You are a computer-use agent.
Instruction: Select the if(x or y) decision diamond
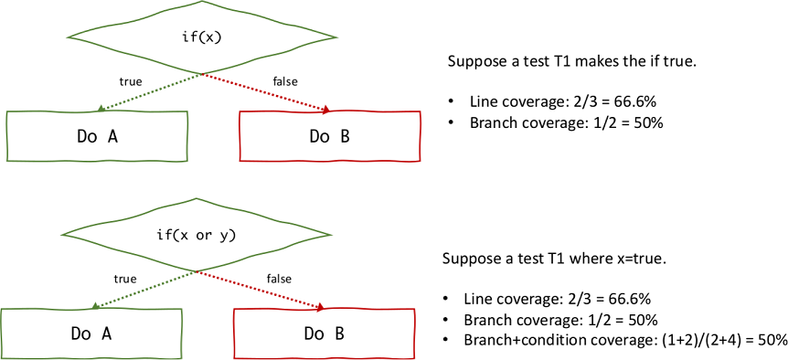(196, 236)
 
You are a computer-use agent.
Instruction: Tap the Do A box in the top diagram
(96, 136)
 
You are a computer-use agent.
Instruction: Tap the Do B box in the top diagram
(329, 136)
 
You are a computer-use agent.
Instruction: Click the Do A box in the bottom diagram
(91, 334)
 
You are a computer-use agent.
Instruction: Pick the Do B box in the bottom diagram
(325, 334)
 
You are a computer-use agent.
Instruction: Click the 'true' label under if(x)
(131, 81)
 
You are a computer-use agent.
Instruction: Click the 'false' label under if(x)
(285, 81)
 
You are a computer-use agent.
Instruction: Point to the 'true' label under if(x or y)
(124, 278)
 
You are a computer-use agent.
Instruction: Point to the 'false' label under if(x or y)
(280, 278)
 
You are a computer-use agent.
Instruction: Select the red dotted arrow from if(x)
(266, 92)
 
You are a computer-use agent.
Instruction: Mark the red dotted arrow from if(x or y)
(261, 290)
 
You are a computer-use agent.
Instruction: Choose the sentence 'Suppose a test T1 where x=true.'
(554, 259)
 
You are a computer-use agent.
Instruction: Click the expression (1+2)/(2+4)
(691, 339)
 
